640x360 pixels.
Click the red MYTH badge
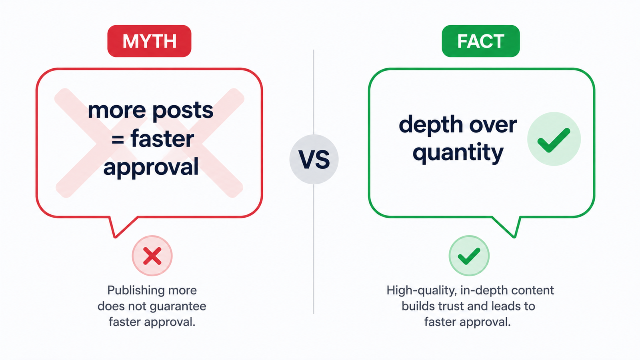coord(149,41)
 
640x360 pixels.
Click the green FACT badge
coord(480,41)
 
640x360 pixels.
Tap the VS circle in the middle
coord(314,159)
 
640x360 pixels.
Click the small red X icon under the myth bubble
coord(152,256)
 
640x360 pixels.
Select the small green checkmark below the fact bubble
coord(469,256)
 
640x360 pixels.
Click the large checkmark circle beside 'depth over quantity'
coord(554,139)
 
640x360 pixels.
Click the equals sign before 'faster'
coord(118,140)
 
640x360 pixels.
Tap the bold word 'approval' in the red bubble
coord(151,168)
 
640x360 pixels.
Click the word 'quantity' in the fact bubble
coord(458,153)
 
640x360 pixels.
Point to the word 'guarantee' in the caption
coord(178,307)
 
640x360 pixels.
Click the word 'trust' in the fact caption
coord(448,306)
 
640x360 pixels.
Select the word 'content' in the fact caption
coord(532,290)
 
